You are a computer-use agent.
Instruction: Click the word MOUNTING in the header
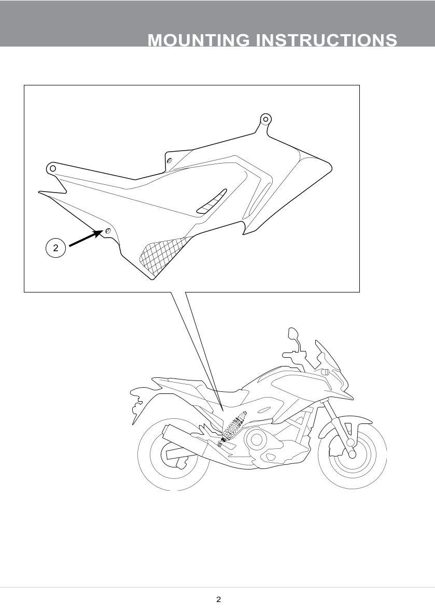coord(199,40)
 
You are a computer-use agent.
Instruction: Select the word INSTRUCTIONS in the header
coord(327,40)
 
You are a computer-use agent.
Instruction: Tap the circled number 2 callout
coord(55,248)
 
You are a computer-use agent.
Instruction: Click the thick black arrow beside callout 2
coord(86,239)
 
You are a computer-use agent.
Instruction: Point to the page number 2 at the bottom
coord(218,599)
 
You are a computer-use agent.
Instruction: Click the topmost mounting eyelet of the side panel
coord(266,119)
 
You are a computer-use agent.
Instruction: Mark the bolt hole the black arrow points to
coord(107,231)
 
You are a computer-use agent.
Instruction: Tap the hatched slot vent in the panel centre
coord(212,201)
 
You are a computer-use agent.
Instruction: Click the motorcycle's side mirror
coord(293,334)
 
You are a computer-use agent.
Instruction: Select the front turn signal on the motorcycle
coord(326,371)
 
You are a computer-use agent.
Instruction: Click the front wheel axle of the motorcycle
coord(353,454)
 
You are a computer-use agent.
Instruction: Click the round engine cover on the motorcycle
coord(257,439)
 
